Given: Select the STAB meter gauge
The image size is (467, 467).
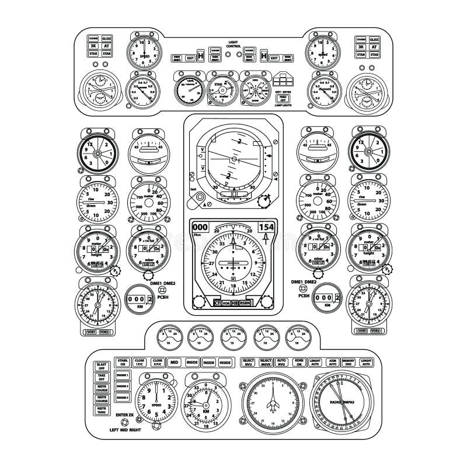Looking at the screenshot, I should point(219,88).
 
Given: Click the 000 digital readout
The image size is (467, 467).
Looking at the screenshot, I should point(200,227).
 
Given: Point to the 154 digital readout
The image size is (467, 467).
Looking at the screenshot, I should point(266,227).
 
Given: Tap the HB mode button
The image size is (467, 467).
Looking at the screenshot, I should point(235,303).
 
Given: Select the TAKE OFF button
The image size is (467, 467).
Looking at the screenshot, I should point(101,377).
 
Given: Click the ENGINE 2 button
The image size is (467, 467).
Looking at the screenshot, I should point(122,386).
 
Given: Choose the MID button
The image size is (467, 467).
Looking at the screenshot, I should point(174,363).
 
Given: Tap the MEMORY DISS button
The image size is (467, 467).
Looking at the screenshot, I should point(348,363).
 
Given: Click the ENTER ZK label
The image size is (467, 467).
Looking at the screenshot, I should point(124,414).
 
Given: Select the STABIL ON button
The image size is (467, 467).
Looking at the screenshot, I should point(123,362).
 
